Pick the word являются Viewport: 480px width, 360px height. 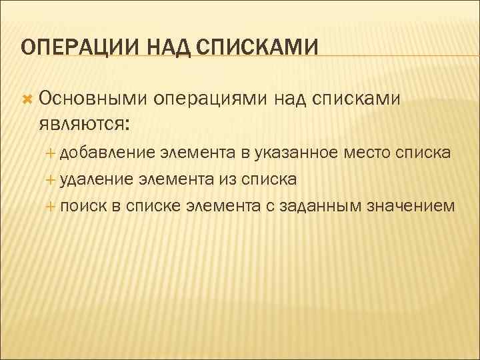85,123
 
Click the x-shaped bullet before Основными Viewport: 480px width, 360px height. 27,99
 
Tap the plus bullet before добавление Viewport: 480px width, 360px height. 53,154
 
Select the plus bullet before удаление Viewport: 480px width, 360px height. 53,180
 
